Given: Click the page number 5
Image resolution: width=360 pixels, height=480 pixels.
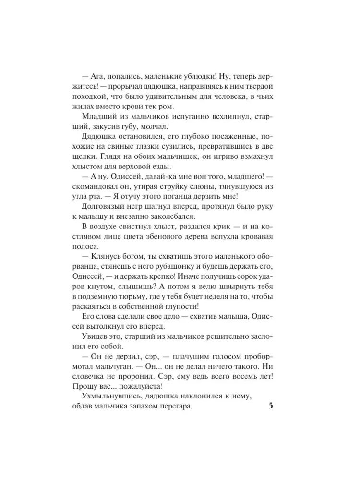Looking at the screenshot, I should (270, 406).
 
